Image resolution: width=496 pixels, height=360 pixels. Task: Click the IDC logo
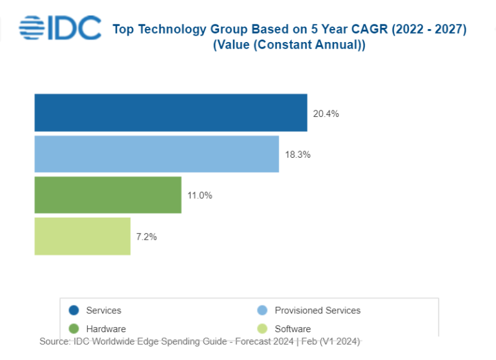pyautogui.click(x=60, y=28)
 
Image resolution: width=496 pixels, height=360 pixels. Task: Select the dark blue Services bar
pyautogui.click(x=170, y=113)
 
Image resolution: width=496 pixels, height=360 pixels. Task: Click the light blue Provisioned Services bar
pyautogui.click(x=156, y=154)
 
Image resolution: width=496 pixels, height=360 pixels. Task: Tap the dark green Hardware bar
pyautogui.click(x=108, y=195)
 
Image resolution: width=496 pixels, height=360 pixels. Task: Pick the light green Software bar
pyautogui.click(x=82, y=237)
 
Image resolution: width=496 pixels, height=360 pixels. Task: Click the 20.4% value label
pyautogui.click(x=326, y=114)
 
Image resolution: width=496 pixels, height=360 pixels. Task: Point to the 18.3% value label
pyautogui.click(x=298, y=154)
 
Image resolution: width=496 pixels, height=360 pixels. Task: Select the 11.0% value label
pyautogui.click(x=200, y=196)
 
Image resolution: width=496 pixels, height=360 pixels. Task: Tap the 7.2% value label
pyautogui.click(x=147, y=237)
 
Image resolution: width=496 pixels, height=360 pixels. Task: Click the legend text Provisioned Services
pyautogui.click(x=318, y=311)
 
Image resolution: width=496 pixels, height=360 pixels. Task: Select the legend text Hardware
pyautogui.click(x=106, y=329)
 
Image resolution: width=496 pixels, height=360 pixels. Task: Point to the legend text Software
pyautogui.click(x=293, y=329)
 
